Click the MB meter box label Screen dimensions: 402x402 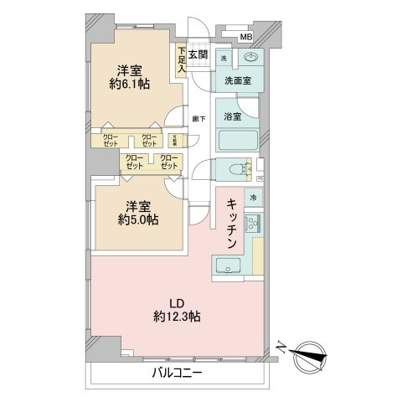[245, 38]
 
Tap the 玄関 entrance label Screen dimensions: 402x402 [198, 54]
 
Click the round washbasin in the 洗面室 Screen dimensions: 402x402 [251, 59]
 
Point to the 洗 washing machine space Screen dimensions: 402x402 [224, 59]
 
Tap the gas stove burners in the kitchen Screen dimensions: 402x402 [255, 224]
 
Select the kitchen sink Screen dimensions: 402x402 [226, 266]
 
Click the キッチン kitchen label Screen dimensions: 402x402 [233, 222]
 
